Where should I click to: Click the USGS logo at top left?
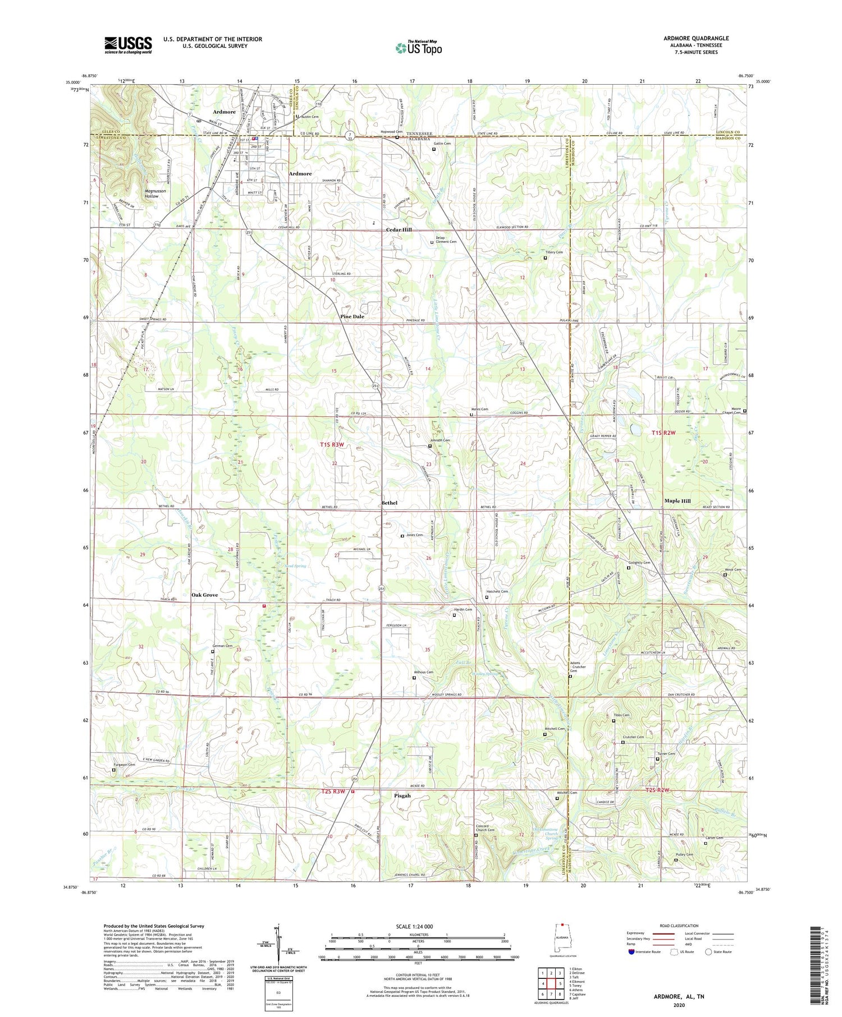(x=128, y=45)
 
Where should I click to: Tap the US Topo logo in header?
(x=418, y=48)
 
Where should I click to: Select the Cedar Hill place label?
(x=399, y=230)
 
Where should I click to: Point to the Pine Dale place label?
(x=352, y=316)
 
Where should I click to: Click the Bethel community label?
(x=389, y=503)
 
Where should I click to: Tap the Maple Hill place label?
(x=678, y=500)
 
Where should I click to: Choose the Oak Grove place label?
(x=204, y=595)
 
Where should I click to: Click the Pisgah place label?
(x=402, y=795)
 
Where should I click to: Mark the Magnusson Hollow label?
(x=144, y=194)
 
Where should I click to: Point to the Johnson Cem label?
(x=440, y=440)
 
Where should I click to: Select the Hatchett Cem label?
(x=497, y=591)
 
